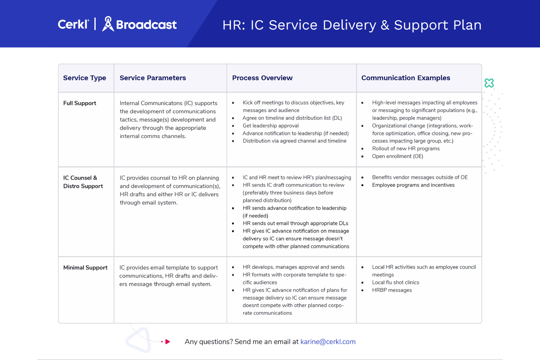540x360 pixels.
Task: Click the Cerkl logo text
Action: coord(73,24)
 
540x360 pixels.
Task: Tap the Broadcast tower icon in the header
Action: coord(108,24)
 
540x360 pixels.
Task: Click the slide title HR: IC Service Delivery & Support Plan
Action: coord(352,25)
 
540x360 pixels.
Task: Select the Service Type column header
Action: coord(85,78)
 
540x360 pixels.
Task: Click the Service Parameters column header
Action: coord(153,78)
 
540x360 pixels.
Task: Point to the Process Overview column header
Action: coord(262,78)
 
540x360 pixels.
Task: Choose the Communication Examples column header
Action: coord(405,78)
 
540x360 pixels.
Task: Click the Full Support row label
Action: coord(80,103)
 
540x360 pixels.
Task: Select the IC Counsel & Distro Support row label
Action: coord(83,182)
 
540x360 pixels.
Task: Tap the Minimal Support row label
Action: coord(85,267)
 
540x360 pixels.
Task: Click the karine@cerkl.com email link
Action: coord(328,342)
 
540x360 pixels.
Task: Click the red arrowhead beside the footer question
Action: coord(167,342)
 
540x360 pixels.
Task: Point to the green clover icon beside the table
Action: coord(489,83)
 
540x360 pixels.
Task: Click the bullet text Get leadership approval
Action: coord(270,126)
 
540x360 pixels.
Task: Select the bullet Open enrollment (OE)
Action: coord(397,156)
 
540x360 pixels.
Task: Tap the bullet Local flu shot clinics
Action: coord(395,283)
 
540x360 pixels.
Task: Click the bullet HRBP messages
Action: coord(392,290)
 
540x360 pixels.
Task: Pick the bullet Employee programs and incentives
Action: coord(413,185)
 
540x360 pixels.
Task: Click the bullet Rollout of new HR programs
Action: coord(406,149)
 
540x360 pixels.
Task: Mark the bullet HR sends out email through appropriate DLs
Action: coord(295,223)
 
